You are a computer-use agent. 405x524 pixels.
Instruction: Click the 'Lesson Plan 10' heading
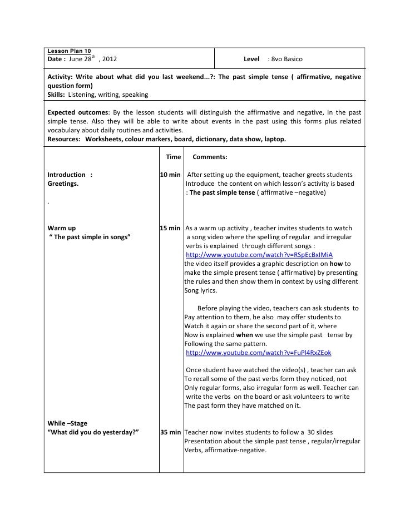[x=69, y=51]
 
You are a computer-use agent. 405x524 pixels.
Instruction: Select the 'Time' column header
[x=174, y=157]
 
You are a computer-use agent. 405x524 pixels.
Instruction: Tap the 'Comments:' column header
[x=210, y=157]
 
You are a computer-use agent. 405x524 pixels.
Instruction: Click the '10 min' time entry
[x=170, y=175]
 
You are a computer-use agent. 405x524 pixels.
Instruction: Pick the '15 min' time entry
[x=170, y=228]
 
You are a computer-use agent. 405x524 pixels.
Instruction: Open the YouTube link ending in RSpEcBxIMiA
[x=259, y=255]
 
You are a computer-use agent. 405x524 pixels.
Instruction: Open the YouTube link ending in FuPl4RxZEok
[x=259, y=353]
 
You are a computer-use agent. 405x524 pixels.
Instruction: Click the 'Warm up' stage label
[x=61, y=228]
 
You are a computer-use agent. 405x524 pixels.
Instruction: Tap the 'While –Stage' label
[x=67, y=423]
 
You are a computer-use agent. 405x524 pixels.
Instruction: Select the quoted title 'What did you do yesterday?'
[x=93, y=432]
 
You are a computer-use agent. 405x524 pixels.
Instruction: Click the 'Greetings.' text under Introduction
[x=63, y=184]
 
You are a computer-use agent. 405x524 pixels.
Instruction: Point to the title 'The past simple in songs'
[x=89, y=237]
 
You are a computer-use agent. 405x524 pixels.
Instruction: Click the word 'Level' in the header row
[x=251, y=59]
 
